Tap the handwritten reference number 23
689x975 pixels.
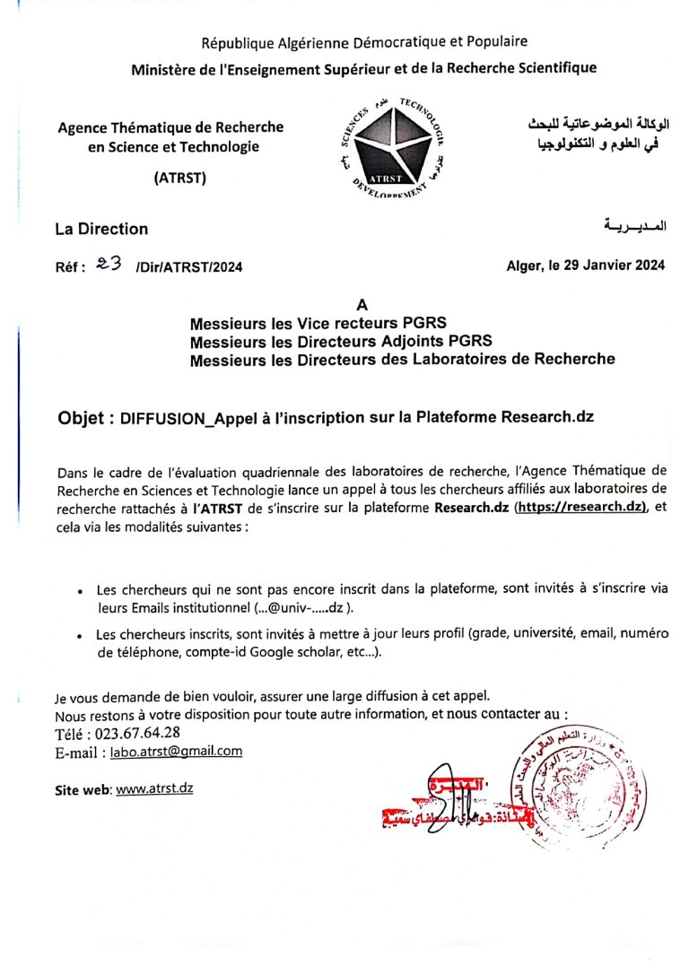pyautogui.click(x=108, y=264)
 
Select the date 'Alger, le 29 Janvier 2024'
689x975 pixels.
pyautogui.click(x=585, y=265)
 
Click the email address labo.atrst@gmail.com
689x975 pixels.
pyautogui.click(x=176, y=752)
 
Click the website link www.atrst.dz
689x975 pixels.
pyautogui.click(x=154, y=789)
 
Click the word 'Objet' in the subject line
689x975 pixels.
pyautogui.click(x=85, y=417)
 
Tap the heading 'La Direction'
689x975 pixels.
pyautogui.click(x=101, y=230)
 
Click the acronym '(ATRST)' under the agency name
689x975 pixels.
pyautogui.click(x=180, y=178)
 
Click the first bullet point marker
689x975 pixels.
pyautogui.click(x=81, y=592)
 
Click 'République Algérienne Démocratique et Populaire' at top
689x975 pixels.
pyautogui.click(x=364, y=41)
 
